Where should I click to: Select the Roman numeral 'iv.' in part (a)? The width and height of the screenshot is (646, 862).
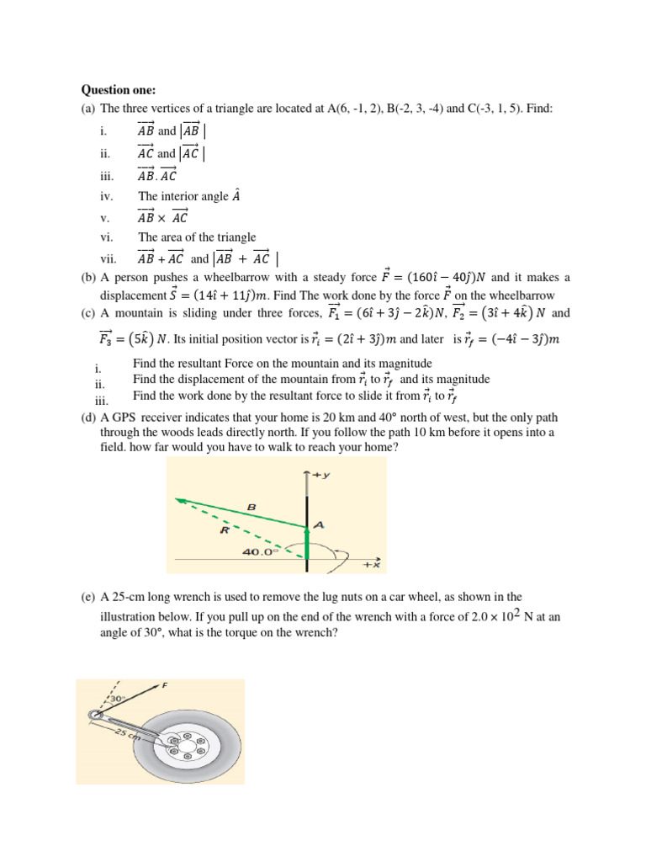(x=105, y=197)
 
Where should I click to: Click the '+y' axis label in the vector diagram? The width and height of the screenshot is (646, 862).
(x=321, y=476)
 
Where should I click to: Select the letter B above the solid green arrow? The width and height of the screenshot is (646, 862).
(x=249, y=507)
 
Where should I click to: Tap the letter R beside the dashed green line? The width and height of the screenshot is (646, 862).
(x=225, y=531)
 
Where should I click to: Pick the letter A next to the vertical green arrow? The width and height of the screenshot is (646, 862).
(x=319, y=524)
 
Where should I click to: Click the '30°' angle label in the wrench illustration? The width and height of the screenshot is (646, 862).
(x=115, y=699)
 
